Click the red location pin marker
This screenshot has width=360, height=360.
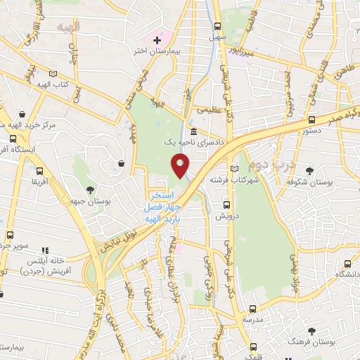180,166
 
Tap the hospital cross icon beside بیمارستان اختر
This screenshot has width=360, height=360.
156,40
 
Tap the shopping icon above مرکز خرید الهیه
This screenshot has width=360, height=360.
23,114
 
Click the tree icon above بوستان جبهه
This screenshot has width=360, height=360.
90,189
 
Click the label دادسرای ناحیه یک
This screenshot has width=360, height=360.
193,142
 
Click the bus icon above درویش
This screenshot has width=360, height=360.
226,205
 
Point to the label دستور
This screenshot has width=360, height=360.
311,131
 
